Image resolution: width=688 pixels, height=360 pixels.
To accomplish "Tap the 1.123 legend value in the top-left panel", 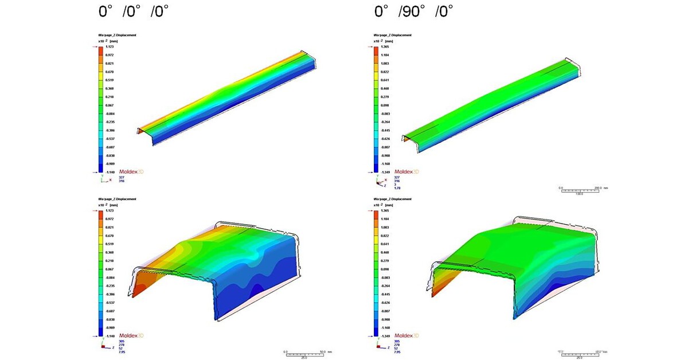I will pyautogui.click(x=110, y=47).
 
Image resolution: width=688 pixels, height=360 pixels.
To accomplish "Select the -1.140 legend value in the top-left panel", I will pyautogui.click(x=110, y=172).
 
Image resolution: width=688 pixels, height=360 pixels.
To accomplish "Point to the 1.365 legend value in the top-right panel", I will pyautogui.click(x=385, y=47).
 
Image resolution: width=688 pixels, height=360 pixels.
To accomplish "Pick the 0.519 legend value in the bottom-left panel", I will pyautogui.click(x=110, y=244).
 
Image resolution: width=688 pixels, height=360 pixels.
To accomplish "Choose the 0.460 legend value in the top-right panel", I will pyautogui.click(x=385, y=89).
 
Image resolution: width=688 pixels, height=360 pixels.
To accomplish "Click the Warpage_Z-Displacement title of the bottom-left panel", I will pyautogui.click(x=118, y=199).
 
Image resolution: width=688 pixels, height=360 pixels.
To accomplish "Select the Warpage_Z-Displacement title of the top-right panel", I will pyautogui.click(x=393, y=35).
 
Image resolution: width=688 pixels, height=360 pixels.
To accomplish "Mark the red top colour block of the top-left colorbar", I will pyautogui.click(x=100, y=51).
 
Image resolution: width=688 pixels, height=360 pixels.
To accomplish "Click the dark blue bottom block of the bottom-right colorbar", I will pyautogui.click(x=376, y=332).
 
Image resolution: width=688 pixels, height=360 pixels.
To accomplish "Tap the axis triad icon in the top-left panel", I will pyautogui.click(x=104, y=179).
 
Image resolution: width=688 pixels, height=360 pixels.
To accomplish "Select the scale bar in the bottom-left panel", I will pyautogui.click(x=302, y=353).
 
